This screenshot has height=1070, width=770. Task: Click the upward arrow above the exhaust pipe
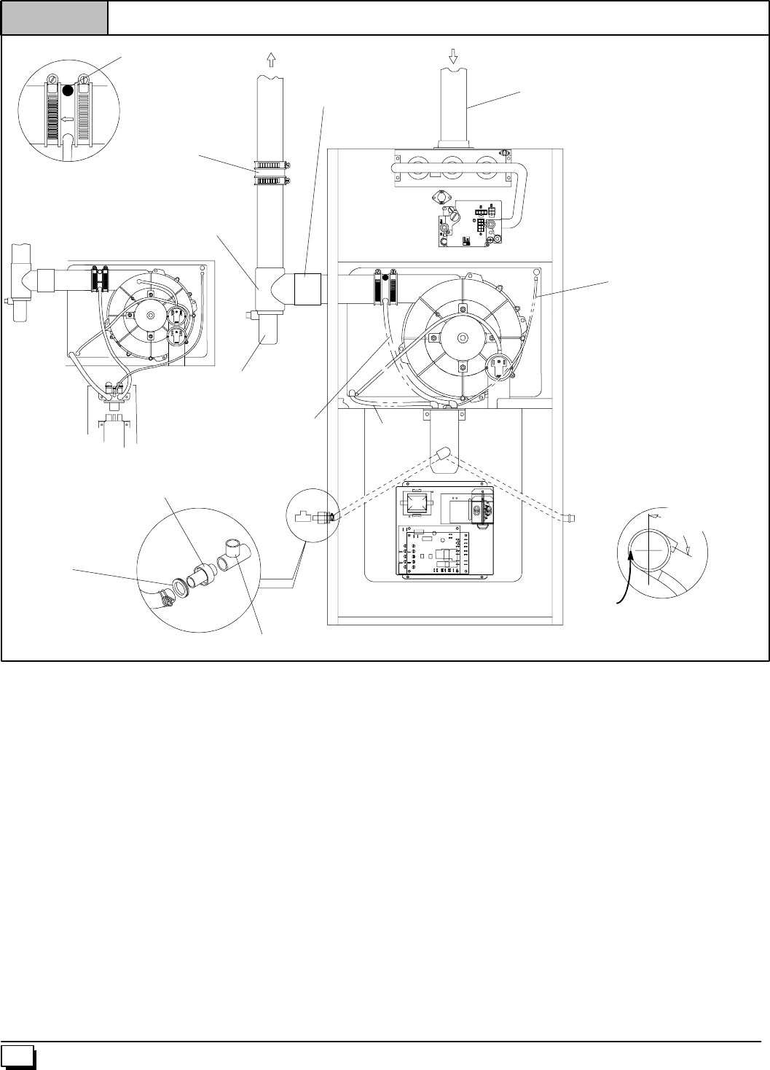(272, 58)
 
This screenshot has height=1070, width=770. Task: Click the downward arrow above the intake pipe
(453, 56)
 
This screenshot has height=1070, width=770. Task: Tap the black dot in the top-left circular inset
(67, 90)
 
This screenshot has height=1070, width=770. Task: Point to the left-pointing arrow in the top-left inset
(67, 117)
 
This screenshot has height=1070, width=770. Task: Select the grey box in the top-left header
(54, 17)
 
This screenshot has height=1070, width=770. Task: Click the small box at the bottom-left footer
(17, 1057)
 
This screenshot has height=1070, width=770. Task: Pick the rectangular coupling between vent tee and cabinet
(307, 289)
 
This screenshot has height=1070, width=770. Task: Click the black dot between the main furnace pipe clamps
(385, 277)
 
